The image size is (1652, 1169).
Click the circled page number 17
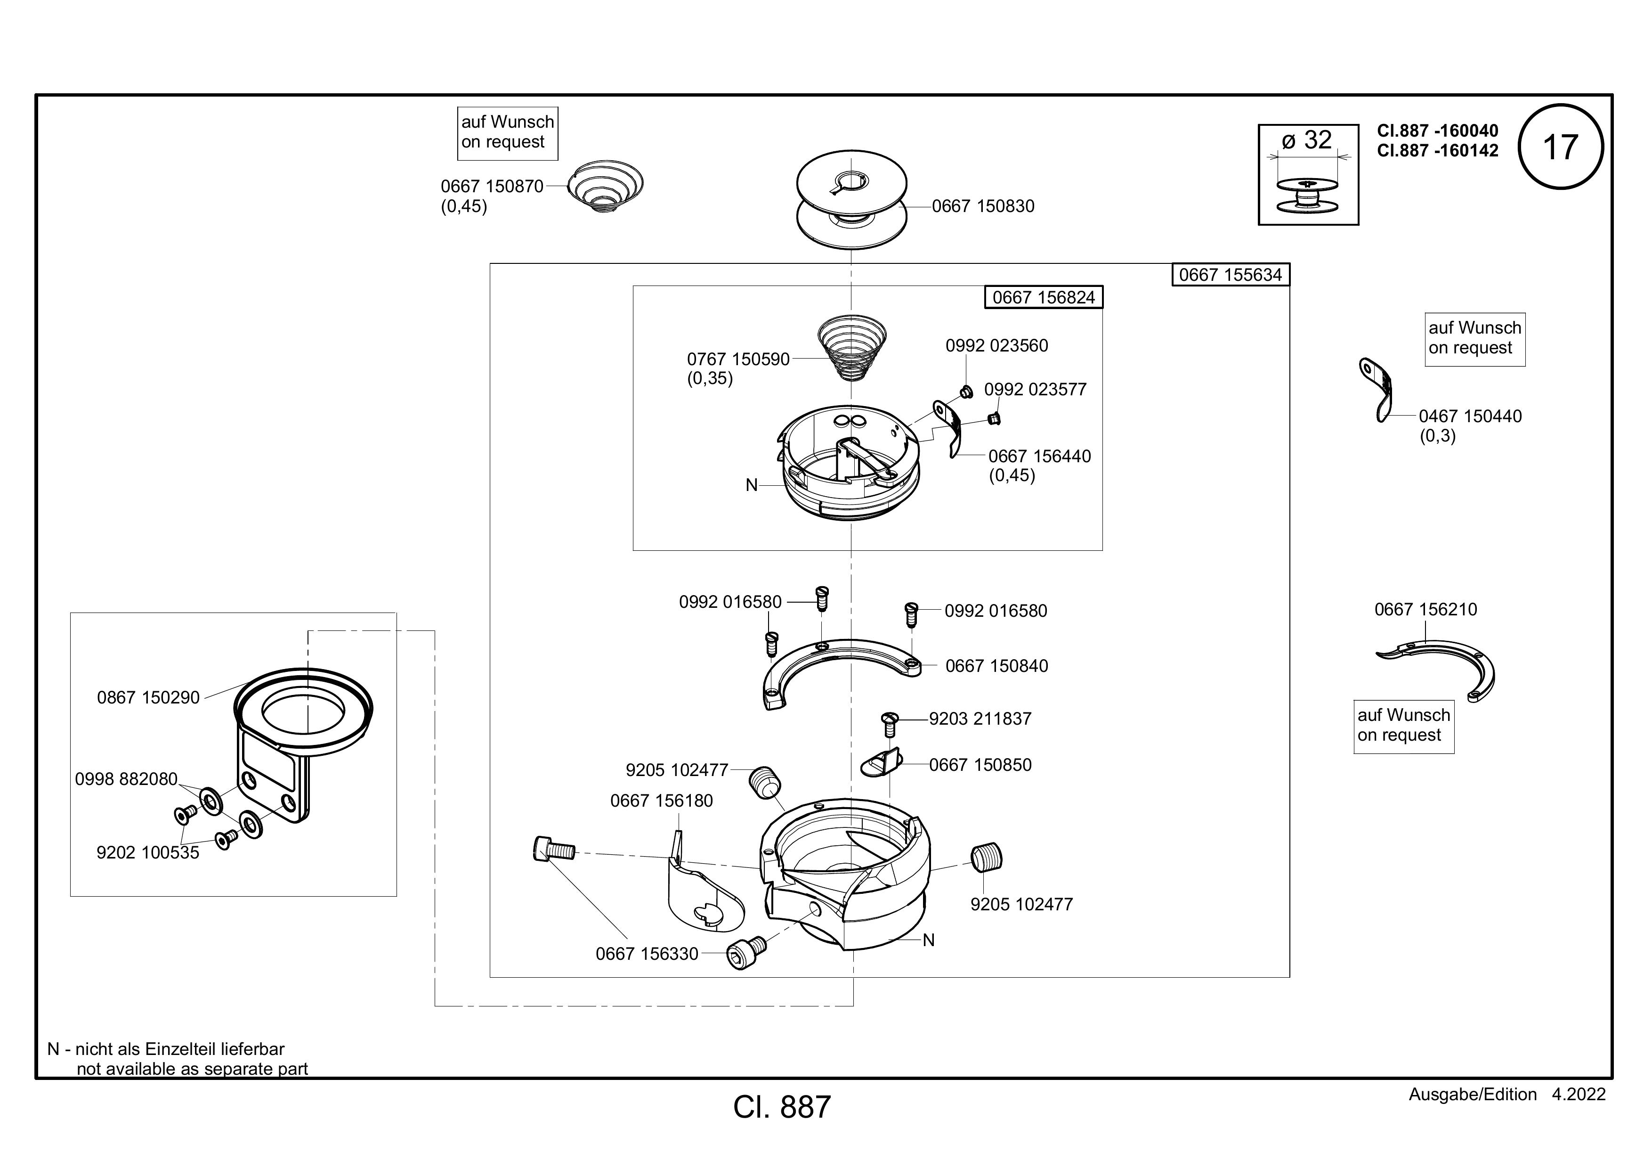click(x=1561, y=147)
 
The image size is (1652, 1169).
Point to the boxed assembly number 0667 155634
click(x=1231, y=275)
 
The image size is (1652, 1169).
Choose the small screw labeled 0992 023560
click(x=967, y=392)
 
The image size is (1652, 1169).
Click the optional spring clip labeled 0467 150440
click(x=1377, y=389)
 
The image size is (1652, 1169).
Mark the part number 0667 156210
click(x=1425, y=610)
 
